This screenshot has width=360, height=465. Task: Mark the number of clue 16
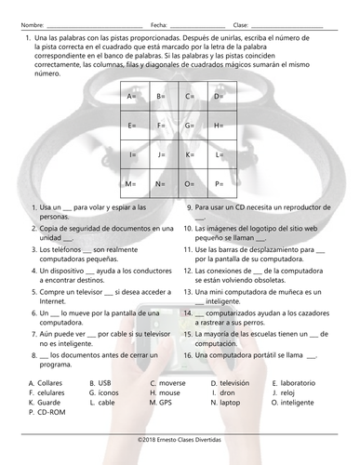tap(188, 354)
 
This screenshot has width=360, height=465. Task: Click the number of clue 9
tap(190, 207)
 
